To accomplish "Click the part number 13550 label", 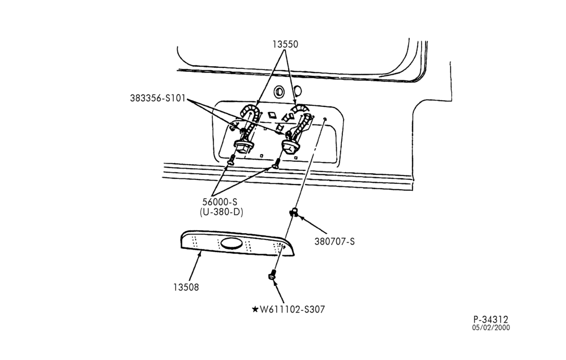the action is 285,44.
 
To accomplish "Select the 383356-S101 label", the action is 158,98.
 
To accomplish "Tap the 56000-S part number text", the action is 220,202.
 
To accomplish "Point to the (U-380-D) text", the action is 221,212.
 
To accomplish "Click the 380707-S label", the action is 335,241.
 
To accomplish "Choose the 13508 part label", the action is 186,288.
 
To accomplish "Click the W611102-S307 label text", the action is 293,310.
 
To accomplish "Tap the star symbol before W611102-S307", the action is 255,310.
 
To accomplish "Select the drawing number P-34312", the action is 491,320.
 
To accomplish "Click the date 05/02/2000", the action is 491,328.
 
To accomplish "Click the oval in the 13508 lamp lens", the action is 231,244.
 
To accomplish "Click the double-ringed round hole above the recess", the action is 280,92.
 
